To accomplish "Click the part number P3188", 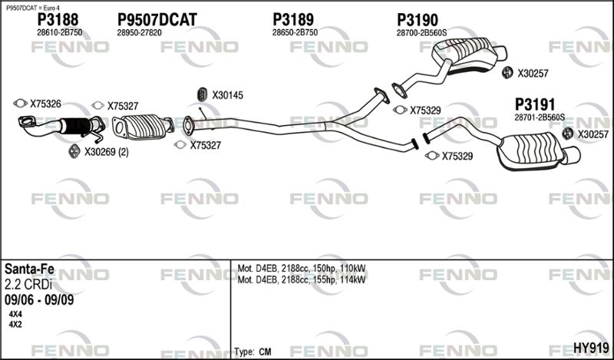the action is [58, 20].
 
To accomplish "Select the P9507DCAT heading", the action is [157, 20].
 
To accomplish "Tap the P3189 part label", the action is [293, 20].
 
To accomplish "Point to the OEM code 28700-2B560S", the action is [421, 33].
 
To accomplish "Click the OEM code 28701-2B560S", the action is [540, 117].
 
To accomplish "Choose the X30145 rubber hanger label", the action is [227, 95].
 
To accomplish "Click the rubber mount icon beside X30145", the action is [202, 94].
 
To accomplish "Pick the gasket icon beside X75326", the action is [21, 103].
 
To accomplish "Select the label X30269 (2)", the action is [107, 152].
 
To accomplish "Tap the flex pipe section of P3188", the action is [75, 126].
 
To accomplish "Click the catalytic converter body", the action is [144, 126].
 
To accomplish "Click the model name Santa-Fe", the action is [29, 269].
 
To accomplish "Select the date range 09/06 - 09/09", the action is [39, 300].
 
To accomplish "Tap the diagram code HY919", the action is [591, 348].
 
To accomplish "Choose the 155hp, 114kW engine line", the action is [302, 279].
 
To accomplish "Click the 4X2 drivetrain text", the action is [15, 325].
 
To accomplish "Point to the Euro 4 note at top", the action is [33, 8].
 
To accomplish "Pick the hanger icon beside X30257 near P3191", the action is [567, 134].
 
